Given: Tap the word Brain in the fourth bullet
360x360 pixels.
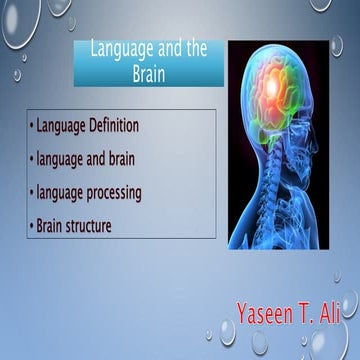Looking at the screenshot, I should coord(51,225).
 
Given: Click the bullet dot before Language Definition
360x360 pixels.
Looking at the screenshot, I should coord(32,127).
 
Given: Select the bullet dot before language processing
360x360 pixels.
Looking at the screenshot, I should coord(32,192).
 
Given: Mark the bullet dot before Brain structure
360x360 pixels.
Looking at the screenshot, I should coord(32,225).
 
